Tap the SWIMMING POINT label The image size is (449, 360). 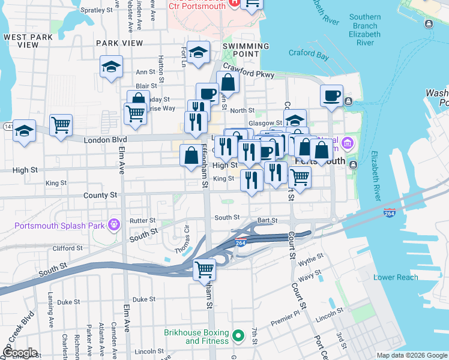246,50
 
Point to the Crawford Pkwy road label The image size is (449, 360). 249,71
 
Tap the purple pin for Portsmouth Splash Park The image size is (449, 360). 115,226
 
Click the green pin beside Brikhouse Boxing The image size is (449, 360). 238,336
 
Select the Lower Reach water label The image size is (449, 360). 395,277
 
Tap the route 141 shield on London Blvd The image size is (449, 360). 7,126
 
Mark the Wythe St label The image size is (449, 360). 310,259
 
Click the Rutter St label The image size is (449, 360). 143,221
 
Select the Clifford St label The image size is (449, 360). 67,248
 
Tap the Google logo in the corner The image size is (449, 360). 19,352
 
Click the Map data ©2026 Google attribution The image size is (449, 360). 411,355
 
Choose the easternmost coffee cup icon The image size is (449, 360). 331,96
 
